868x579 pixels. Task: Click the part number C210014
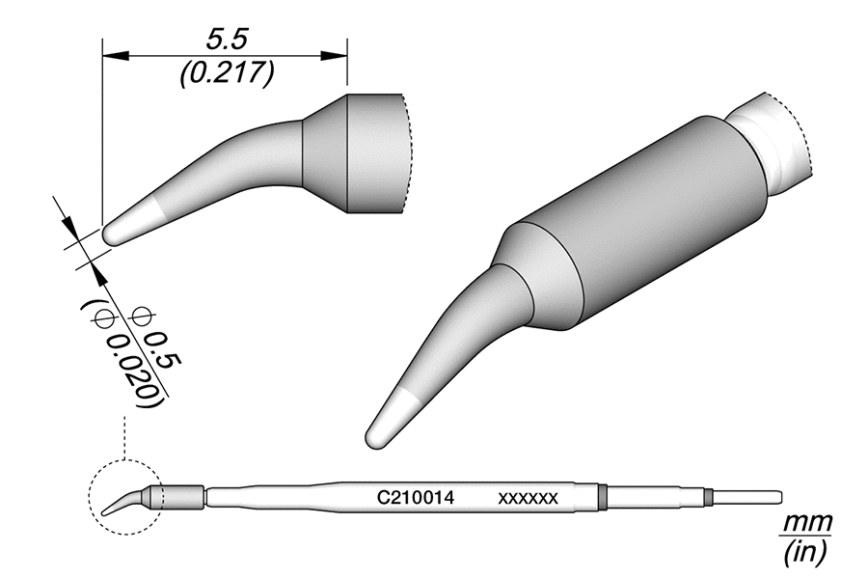pyautogui.click(x=415, y=499)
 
